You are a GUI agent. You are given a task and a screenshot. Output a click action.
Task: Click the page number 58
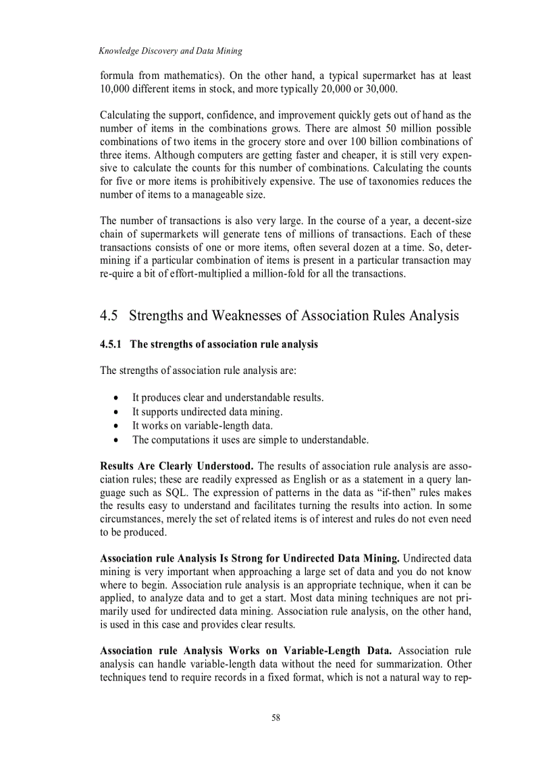click(x=275, y=718)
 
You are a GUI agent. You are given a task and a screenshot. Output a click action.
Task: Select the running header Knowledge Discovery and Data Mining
click(x=170, y=51)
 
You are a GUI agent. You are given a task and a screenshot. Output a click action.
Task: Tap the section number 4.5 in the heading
click(x=109, y=315)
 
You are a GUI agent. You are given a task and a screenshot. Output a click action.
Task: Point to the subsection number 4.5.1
click(x=112, y=344)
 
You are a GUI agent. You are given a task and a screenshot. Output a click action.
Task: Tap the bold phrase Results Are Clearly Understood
click(x=177, y=466)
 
